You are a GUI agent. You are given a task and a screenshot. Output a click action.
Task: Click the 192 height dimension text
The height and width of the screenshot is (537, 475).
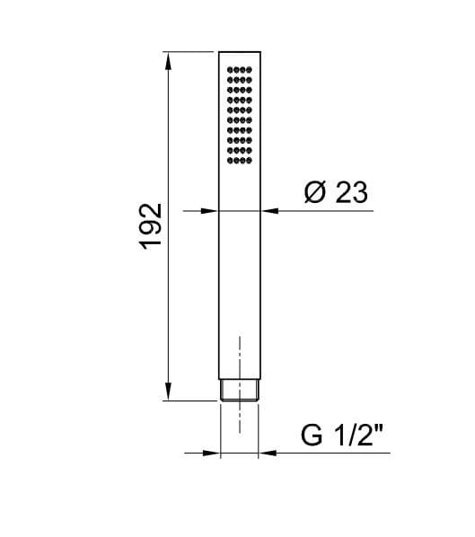point(151,226)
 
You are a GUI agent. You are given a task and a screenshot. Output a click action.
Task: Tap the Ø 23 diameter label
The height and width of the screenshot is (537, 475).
point(337,193)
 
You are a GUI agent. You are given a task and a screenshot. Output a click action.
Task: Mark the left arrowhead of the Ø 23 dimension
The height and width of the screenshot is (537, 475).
point(212,212)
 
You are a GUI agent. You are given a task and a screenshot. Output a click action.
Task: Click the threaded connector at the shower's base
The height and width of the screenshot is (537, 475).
point(240,391)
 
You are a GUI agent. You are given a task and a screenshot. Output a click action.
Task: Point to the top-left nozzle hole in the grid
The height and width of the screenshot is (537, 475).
point(230,69)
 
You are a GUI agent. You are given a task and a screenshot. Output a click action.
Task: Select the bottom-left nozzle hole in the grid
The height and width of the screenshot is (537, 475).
point(230,163)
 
